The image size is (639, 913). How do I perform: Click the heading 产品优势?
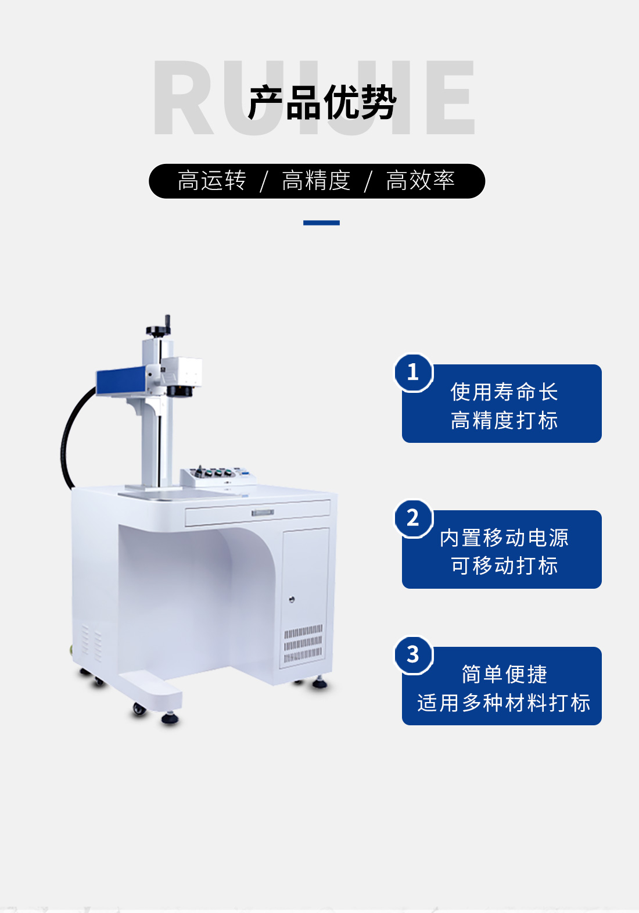pos(322,102)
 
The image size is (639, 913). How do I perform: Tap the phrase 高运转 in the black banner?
pos(212,181)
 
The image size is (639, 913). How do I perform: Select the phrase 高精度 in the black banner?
pos(316,181)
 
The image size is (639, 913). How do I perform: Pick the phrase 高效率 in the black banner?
pos(420,181)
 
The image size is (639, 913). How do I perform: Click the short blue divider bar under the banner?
pos(321,223)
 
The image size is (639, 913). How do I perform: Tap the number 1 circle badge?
pos(413,373)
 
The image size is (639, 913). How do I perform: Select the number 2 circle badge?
pos(413,518)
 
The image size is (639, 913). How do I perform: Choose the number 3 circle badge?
pos(413,655)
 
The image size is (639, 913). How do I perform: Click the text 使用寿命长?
pos(504,392)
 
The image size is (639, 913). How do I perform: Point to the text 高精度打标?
pos(504,420)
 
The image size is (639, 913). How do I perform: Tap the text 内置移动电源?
pos(504,538)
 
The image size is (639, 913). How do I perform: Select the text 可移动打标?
pos(504,565)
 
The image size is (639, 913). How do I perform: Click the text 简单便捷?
pos(504,674)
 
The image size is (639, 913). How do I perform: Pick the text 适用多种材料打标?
pos(504,703)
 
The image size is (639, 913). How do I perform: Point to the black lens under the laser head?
pos(180,391)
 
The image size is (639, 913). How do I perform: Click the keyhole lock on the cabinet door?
pos(292,599)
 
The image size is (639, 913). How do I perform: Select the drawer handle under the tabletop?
pos(263,513)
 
